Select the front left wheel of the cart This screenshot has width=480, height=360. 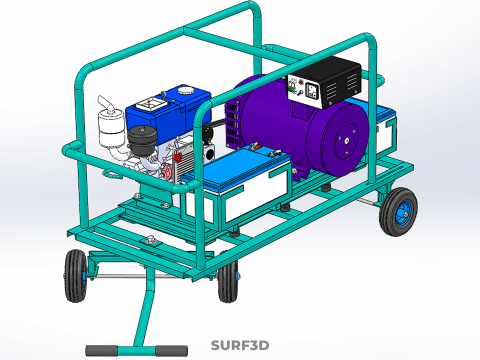[74, 275]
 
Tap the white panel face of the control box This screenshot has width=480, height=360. [305, 92]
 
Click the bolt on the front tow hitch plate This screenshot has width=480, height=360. [150, 240]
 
